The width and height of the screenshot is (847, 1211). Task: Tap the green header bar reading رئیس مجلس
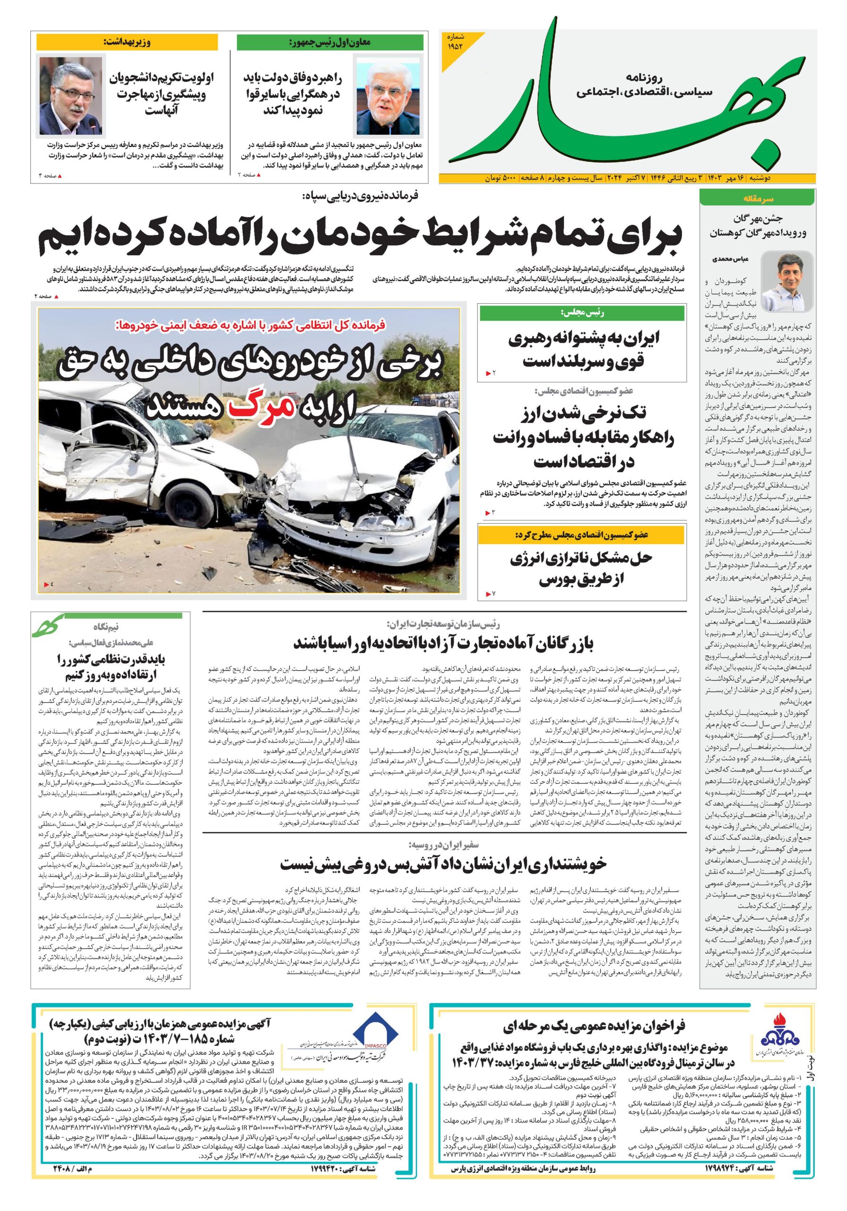581,313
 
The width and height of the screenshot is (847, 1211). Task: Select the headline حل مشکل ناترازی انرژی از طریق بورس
581,568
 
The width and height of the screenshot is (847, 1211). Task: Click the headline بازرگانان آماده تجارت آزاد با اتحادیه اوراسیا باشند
444,643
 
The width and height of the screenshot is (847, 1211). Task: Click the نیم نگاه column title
106,627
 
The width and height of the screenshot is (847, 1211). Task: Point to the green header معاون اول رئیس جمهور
330,43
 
